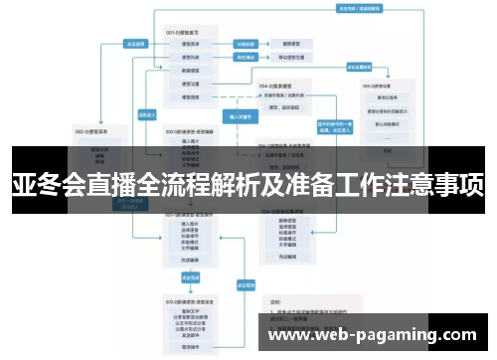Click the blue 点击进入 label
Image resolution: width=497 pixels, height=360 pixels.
point(144,114)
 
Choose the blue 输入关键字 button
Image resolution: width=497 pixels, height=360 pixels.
point(241,116)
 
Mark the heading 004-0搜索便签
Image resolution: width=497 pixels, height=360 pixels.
point(275,86)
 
